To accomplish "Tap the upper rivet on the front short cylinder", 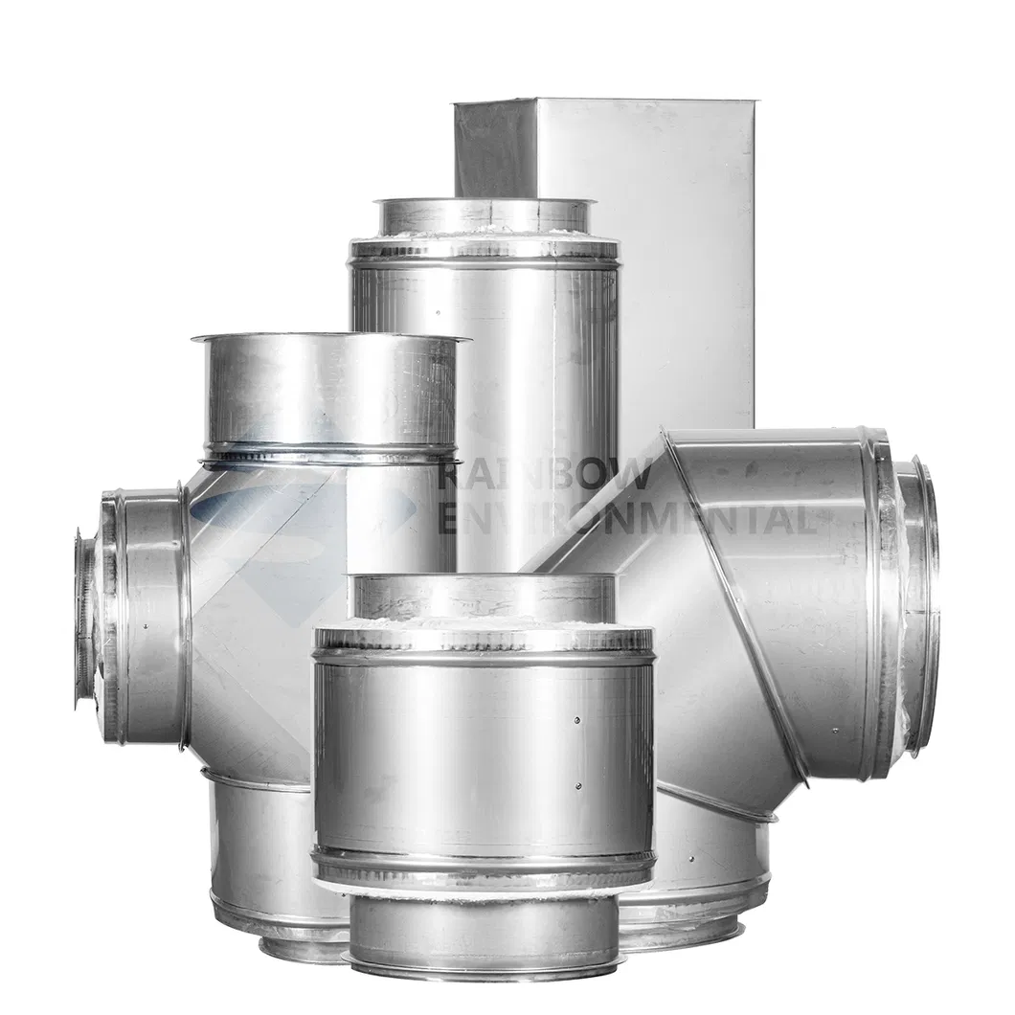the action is pyautogui.click(x=578, y=720).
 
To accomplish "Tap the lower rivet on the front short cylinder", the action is pyautogui.click(x=578, y=786).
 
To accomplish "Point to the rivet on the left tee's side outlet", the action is pyautogui.click(x=147, y=626).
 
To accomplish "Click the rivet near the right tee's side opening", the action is pyautogui.click(x=836, y=731).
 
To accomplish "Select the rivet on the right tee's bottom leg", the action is pyautogui.click(x=691, y=859).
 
